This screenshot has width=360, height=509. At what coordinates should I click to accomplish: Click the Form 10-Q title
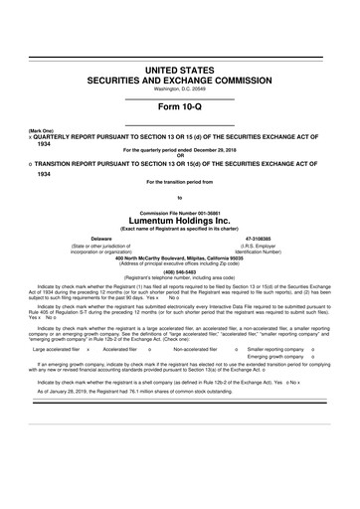180,109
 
